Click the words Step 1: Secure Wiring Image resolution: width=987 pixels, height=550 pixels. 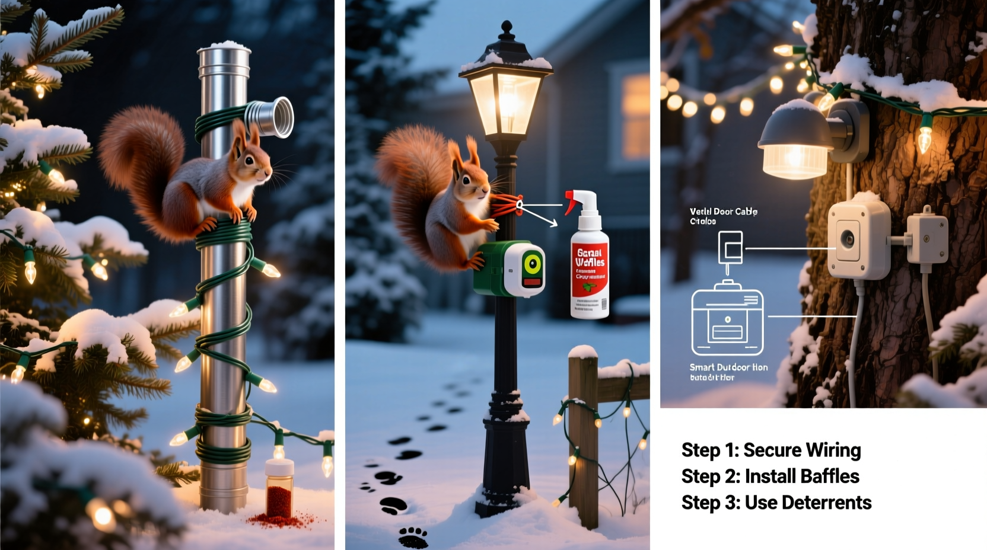click(x=771, y=450)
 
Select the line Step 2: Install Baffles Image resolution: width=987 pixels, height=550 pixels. click(x=770, y=477)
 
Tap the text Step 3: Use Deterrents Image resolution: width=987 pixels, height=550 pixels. click(x=776, y=503)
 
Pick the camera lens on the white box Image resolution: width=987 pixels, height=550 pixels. click(x=848, y=239)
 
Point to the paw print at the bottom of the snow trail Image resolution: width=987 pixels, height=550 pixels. click(x=413, y=537)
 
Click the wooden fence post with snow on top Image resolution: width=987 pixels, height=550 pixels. click(x=584, y=439)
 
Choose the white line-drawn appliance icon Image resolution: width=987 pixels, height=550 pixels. click(x=727, y=321)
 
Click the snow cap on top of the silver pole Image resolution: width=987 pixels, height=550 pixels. click(x=224, y=46)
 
